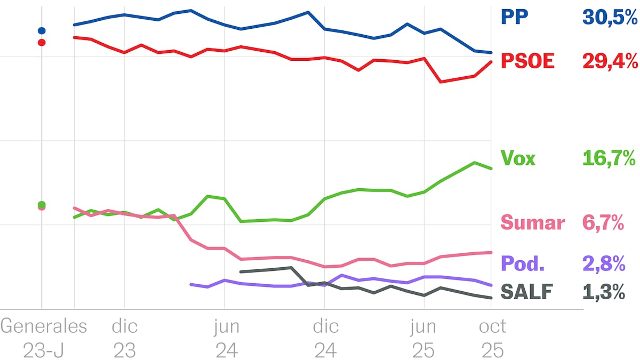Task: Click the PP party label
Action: point(514,17)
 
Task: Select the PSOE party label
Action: point(528,61)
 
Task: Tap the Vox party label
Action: point(518,158)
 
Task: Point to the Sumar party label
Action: point(532,222)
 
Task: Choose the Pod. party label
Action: point(522,263)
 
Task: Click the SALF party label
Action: point(526,292)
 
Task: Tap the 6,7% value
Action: point(603,222)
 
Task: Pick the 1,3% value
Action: point(604,292)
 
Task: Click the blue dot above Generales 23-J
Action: point(42,30)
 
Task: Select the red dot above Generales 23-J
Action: point(42,42)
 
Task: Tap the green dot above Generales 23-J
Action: point(42,205)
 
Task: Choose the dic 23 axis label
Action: point(124,338)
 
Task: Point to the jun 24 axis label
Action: point(227,338)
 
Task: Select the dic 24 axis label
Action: point(325,338)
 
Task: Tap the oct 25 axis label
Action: point(492,338)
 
